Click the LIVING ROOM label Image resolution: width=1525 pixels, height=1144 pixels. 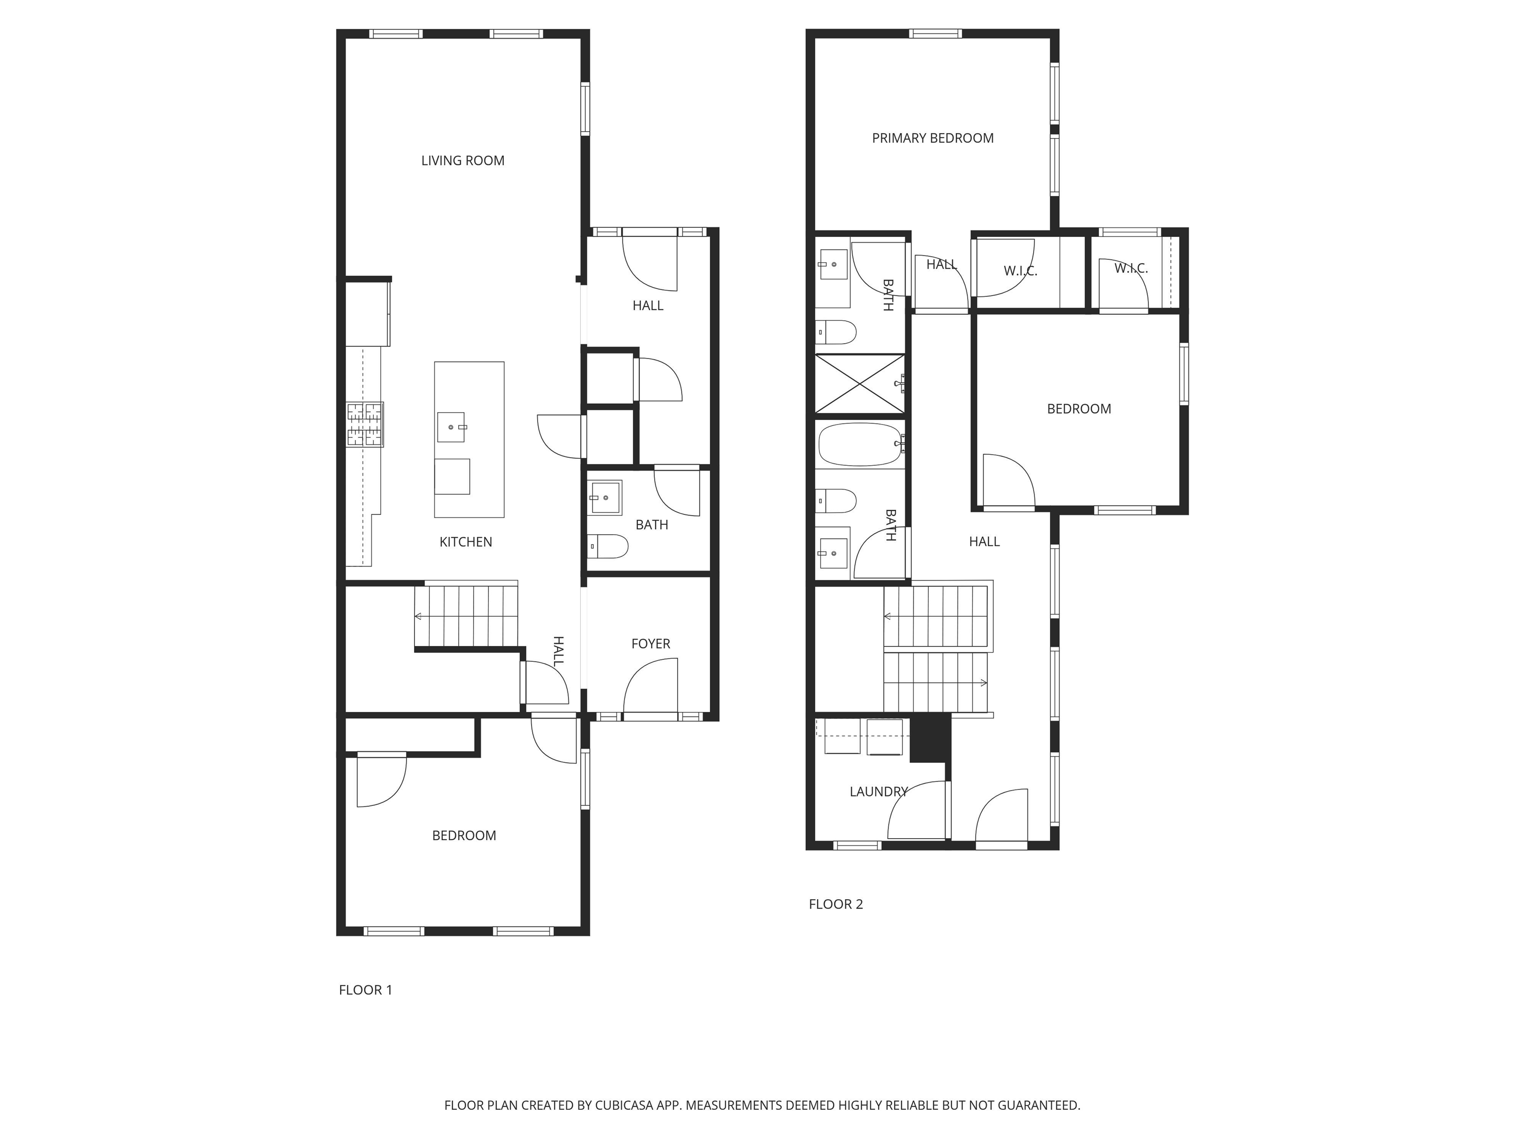[x=463, y=161]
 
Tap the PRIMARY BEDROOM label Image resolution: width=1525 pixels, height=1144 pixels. [x=932, y=138]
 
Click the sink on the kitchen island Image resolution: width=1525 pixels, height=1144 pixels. [x=452, y=427]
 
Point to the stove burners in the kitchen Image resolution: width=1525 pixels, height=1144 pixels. [x=364, y=424]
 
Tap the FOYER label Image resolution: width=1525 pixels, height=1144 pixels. [x=650, y=643]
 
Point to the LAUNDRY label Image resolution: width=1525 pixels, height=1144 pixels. [x=878, y=791]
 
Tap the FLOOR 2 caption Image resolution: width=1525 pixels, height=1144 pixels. [x=835, y=904]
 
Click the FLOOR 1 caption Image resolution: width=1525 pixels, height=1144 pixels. [x=365, y=990]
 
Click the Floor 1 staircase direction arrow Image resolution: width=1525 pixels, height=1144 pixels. [x=418, y=616]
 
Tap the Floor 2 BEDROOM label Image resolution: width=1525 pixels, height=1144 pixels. [x=1078, y=409]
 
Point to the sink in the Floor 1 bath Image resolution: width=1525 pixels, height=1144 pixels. [x=605, y=497]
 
